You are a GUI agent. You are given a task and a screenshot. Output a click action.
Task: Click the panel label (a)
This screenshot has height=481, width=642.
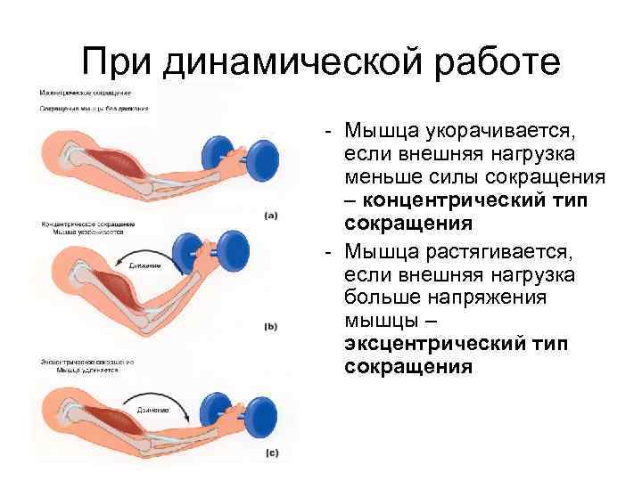coord(271,214)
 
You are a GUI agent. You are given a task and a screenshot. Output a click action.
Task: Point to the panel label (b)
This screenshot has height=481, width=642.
coord(271,327)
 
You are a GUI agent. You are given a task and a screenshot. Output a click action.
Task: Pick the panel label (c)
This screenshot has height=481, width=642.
coord(271,453)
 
